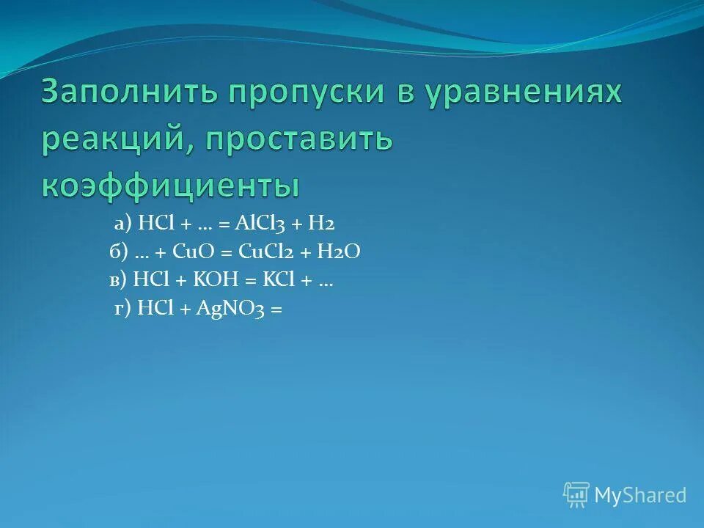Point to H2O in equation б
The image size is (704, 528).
click(x=339, y=253)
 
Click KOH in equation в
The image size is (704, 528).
click(x=213, y=281)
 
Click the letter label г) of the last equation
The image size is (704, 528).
click(x=122, y=309)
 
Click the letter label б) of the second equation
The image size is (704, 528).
click(x=119, y=253)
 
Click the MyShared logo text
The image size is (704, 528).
click(x=640, y=495)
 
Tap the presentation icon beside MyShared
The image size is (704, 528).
click(x=576, y=495)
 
